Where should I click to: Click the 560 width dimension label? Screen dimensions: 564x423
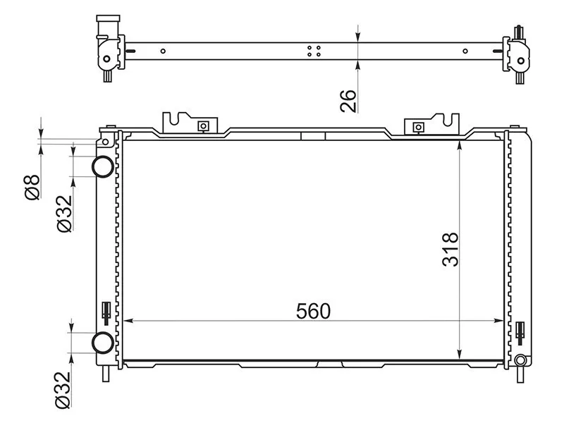click(313, 311)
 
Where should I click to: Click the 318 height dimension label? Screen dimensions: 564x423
click(450, 250)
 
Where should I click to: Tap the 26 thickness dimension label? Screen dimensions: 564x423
click(348, 101)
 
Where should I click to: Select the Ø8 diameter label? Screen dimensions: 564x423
click(32, 187)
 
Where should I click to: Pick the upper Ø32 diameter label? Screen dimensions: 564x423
click(64, 214)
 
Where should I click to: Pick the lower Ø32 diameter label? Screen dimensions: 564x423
click(63, 390)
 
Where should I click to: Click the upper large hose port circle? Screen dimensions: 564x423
click(103, 166)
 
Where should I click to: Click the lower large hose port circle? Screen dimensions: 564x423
click(103, 343)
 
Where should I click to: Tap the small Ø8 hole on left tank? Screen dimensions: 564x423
click(105, 142)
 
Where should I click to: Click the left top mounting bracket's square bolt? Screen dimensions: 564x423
click(203, 126)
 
